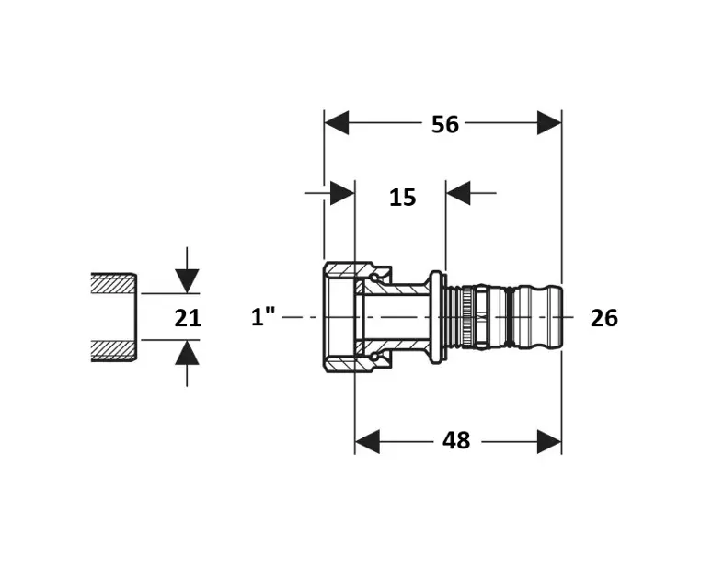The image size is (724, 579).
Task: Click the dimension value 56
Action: tap(445, 124)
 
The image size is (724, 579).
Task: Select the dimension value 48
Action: tap(456, 441)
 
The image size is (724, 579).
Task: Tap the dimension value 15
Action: tap(402, 197)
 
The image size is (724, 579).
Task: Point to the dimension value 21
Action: tap(188, 318)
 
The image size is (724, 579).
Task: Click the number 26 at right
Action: tap(603, 318)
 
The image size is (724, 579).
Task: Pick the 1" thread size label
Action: tap(264, 317)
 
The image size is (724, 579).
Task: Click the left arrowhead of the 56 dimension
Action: tap(337, 123)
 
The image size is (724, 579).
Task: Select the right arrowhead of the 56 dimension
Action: tap(549, 123)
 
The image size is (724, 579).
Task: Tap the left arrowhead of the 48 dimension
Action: tap(368, 441)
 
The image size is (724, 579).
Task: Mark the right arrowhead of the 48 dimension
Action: tap(549, 441)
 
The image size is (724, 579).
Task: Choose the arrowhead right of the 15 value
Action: tap(458, 193)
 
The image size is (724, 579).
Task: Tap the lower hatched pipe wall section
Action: tap(113, 350)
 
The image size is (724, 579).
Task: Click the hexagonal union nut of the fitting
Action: tap(340, 317)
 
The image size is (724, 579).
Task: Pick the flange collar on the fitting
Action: tap(437, 317)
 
